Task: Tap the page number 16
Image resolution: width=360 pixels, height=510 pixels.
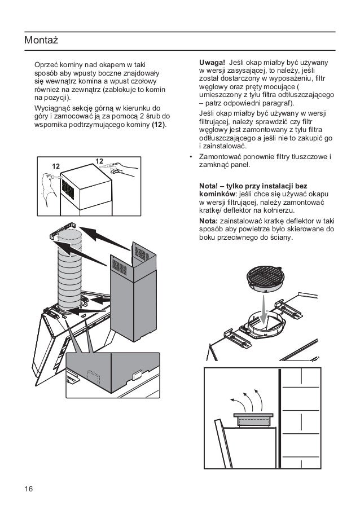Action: (28, 488)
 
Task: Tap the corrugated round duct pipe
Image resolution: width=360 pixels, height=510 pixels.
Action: (69, 271)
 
